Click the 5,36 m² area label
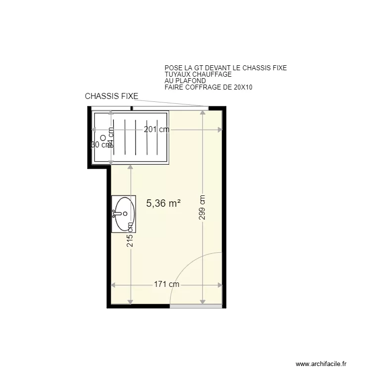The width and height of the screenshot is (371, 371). click(164, 202)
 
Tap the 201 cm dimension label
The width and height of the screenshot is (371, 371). click(156, 130)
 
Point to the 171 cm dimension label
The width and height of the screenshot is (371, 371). click(166, 284)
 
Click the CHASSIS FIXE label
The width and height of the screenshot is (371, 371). click(111, 96)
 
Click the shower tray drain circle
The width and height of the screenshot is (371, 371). click(103, 138)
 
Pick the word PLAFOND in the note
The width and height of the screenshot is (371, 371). click(190, 81)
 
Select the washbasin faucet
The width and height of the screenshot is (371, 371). click(115, 214)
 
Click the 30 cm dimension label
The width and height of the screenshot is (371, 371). click(99, 145)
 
